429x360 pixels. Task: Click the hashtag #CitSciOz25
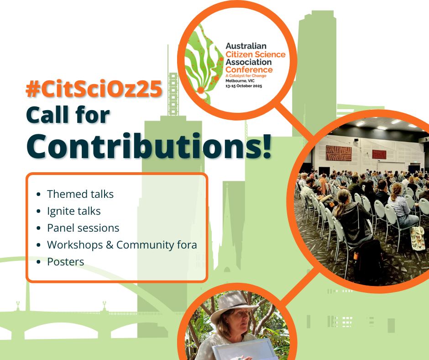point(94,90)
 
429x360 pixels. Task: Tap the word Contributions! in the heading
point(149,146)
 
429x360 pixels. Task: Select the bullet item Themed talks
point(80,194)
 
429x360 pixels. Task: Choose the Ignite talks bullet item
point(74,211)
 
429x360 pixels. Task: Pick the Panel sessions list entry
point(83,228)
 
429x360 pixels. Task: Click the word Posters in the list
point(66,262)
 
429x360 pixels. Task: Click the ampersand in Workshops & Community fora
point(110,245)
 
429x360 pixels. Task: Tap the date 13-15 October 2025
point(244,86)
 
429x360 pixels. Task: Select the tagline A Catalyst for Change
point(246,76)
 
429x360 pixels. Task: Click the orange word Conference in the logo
point(249,69)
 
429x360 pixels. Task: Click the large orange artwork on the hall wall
point(339,154)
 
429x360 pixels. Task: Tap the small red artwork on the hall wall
point(379,154)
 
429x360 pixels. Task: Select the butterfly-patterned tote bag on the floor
point(418,238)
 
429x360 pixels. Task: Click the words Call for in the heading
point(68,115)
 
